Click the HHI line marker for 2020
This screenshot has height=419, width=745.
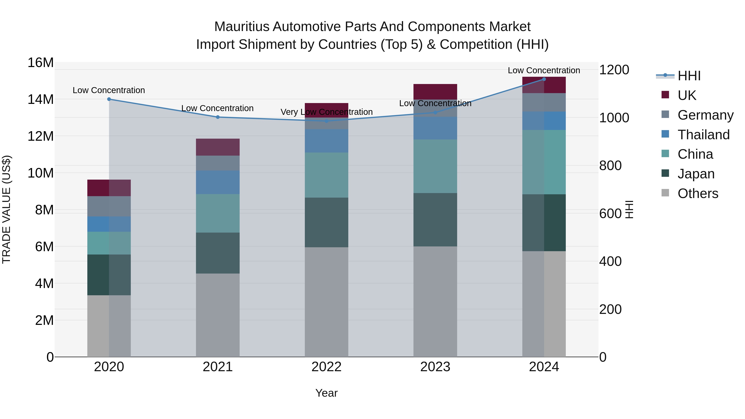point(109,99)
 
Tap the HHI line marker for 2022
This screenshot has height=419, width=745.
point(327,121)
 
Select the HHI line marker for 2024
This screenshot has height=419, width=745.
point(544,79)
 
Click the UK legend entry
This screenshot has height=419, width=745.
point(687,95)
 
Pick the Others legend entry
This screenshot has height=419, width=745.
point(698,193)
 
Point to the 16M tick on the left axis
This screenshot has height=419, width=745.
point(41,63)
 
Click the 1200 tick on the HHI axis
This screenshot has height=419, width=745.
point(614,70)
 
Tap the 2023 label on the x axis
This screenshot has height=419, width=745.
point(435,367)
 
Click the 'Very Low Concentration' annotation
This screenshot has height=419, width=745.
point(327,112)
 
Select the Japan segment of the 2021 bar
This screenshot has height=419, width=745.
point(218,253)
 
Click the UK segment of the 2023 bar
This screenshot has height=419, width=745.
point(435,92)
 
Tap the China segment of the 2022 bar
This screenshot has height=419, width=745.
point(327,175)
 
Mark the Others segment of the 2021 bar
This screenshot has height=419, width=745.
point(218,315)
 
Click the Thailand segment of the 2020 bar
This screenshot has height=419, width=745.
point(109,224)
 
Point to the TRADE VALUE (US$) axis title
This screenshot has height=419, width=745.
point(6,209)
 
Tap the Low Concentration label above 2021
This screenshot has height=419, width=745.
point(217,108)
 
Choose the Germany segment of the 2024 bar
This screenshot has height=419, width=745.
point(544,102)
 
